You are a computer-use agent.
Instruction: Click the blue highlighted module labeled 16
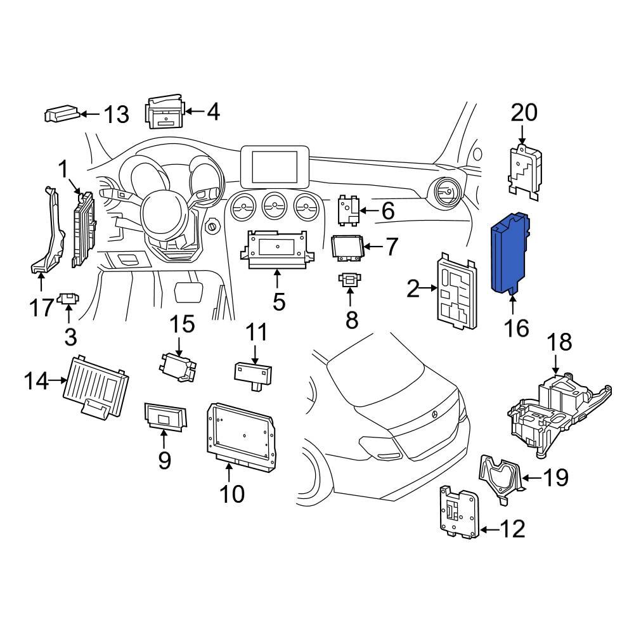click(x=511, y=252)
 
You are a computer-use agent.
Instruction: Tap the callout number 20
click(x=524, y=112)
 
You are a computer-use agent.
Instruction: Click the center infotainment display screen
click(x=275, y=165)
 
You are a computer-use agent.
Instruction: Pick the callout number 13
click(x=116, y=115)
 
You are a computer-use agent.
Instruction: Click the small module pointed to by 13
click(x=61, y=114)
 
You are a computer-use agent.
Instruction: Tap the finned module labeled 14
click(x=97, y=385)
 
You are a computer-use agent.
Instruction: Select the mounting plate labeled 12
click(x=459, y=512)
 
